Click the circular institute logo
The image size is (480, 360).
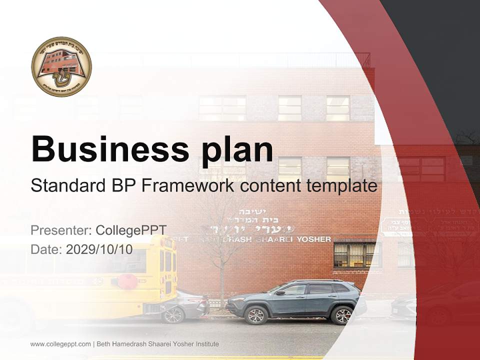[x=61, y=66]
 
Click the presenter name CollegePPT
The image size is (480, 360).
[x=131, y=230]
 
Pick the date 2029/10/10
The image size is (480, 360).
[x=99, y=249]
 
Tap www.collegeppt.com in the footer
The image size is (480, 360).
[x=60, y=344]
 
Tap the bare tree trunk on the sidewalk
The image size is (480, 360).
[x=220, y=280]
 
